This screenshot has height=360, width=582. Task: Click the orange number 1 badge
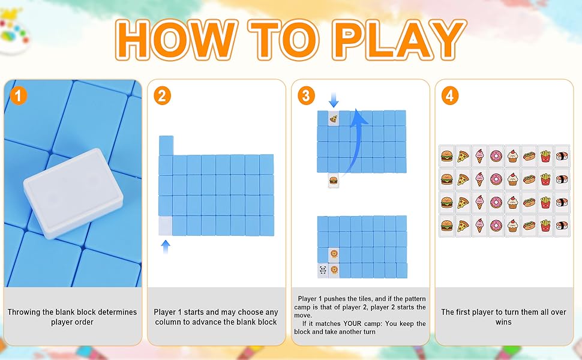(19, 96)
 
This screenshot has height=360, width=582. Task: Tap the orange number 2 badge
(162, 96)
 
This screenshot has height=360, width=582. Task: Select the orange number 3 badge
(306, 96)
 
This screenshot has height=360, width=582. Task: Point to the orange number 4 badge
(450, 96)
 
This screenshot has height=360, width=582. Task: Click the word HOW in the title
(176, 40)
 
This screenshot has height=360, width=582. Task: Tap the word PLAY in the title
(399, 40)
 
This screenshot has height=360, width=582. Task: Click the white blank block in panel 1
(73, 193)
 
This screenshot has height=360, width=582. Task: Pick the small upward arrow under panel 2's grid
(166, 247)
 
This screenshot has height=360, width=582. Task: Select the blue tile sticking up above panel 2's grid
(166, 145)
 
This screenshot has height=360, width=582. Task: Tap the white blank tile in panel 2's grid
(165, 226)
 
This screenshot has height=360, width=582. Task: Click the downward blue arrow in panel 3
(334, 100)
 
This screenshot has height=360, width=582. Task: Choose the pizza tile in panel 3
(334, 119)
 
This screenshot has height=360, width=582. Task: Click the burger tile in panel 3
(334, 181)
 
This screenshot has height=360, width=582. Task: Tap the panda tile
(323, 270)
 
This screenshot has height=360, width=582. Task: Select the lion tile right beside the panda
(334, 270)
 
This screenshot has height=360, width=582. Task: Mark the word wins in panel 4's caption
(503, 322)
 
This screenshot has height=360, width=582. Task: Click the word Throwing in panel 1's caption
(23, 313)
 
